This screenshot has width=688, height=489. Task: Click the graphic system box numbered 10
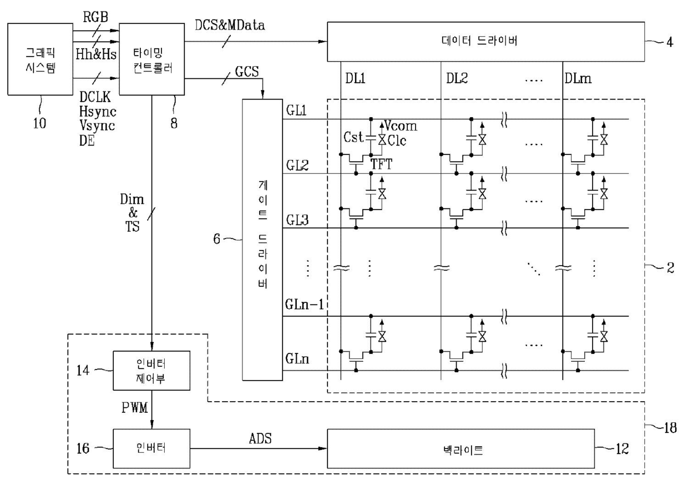tap(41, 59)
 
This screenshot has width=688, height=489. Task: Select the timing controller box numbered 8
tap(151, 59)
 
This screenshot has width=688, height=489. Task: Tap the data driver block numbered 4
tap(486, 42)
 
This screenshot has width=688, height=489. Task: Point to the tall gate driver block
tap(262, 239)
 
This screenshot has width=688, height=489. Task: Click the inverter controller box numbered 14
tap(151, 371)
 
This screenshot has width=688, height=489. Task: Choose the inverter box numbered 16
tap(151, 448)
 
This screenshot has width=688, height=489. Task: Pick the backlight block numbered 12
tap(461, 448)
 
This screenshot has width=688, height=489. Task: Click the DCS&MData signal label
tap(230, 25)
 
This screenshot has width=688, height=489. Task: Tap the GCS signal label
tap(247, 71)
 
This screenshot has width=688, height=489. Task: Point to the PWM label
tap(134, 407)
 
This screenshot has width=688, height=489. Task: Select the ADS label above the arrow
tap(260, 438)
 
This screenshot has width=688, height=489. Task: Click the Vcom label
tap(401, 126)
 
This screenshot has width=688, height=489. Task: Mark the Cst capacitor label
tap(353, 137)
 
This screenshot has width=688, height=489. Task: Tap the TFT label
tap(382, 164)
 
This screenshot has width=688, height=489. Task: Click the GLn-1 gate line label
tap(305, 305)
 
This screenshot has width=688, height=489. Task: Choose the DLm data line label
tap(578, 79)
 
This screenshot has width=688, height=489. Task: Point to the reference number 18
tap(670, 428)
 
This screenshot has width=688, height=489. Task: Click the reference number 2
tap(670, 268)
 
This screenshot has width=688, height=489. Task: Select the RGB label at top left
tap(95, 17)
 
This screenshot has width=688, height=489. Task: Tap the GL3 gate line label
tap(297, 220)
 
